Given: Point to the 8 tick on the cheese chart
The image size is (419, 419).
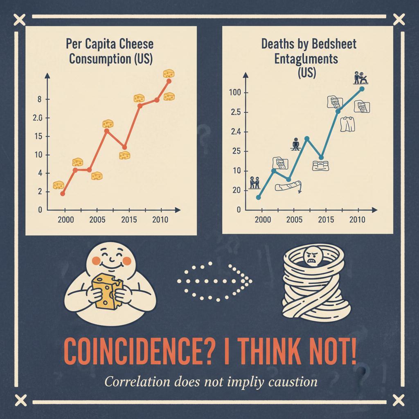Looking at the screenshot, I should point(40,99).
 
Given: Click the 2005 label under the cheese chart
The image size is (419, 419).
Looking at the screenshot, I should point(97,220).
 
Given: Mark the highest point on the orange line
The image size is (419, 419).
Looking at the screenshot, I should point(169,81).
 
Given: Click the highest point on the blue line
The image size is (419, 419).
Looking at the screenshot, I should point(362,88).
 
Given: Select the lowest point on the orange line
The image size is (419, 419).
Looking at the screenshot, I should point(62,193).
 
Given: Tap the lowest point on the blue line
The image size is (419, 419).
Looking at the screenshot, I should point(258,197).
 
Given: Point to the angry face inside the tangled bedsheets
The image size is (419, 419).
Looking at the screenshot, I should point(311,259).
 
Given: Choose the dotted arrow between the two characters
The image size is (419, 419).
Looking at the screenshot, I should point(215,282).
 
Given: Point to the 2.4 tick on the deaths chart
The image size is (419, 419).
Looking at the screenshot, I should point(237,132).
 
